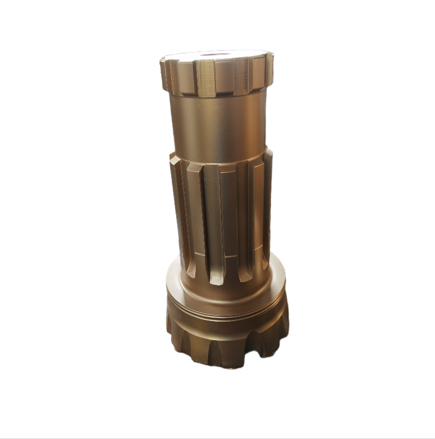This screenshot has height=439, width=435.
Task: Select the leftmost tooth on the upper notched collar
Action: click(x=164, y=75)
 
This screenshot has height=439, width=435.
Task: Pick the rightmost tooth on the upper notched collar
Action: click(x=268, y=71)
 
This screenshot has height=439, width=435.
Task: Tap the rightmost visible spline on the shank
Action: click(x=267, y=203)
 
